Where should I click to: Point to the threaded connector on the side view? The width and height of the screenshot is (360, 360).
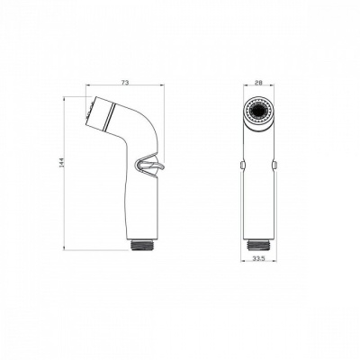[141, 243]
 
